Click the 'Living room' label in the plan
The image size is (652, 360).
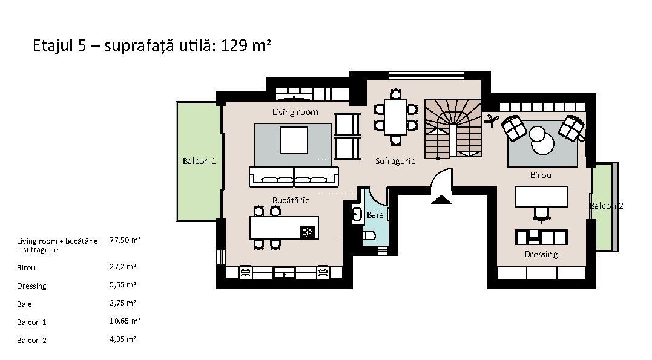(295, 112)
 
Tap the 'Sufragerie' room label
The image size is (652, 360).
(395, 161)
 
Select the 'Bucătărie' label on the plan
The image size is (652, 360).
(291, 200)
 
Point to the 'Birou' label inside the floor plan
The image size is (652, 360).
(541, 175)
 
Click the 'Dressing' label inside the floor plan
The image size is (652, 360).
(541, 254)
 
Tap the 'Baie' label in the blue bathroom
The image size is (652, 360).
(375, 215)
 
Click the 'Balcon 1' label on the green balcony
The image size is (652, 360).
(199, 161)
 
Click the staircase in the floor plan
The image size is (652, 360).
(452, 128)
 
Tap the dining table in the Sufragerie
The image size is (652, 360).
(395, 117)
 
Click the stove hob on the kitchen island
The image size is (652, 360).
(307, 231)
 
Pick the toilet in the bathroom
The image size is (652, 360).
(369, 237)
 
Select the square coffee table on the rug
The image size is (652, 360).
(294, 140)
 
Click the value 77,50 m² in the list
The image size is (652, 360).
(125, 240)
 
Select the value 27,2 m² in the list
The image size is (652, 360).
(123, 266)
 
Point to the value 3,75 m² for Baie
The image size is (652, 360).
(123, 303)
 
